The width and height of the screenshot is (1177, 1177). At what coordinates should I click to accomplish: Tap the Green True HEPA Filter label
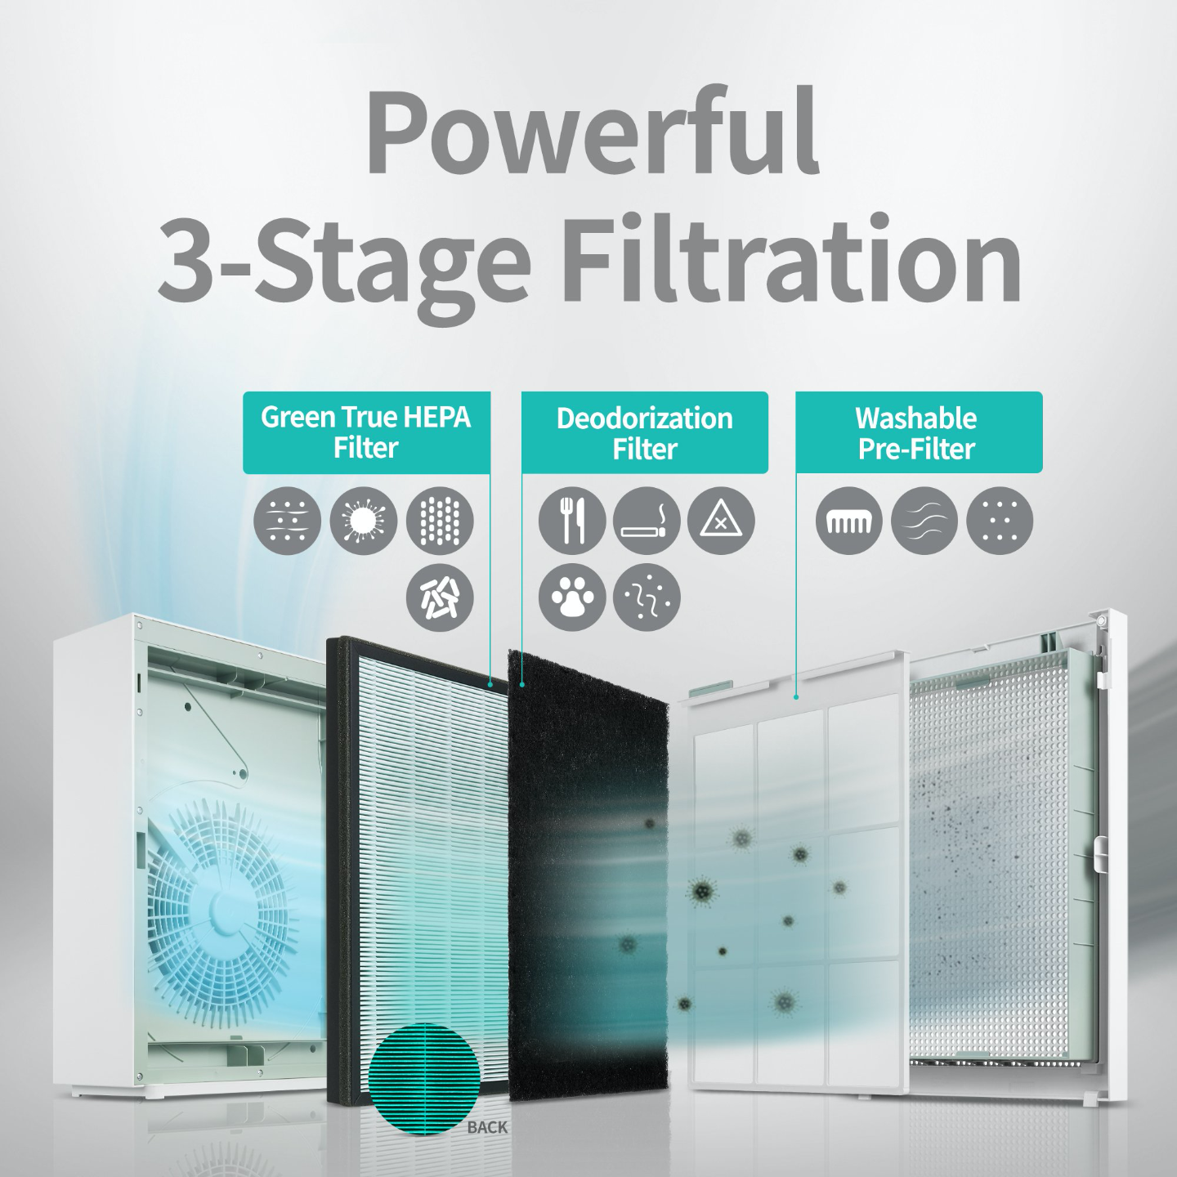point(366,432)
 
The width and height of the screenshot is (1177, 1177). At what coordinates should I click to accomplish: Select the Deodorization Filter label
point(644,433)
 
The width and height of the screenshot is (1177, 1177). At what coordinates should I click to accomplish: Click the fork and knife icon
point(571,521)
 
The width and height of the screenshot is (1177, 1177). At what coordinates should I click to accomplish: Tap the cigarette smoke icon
point(647,521)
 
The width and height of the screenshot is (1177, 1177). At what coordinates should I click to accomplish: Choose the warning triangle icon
point(722,521)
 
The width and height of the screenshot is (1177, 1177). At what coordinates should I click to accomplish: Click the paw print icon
point(571,597)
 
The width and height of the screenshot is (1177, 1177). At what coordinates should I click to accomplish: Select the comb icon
point(849,521)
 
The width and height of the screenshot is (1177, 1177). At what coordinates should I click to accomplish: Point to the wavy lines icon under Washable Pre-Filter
point(924,521)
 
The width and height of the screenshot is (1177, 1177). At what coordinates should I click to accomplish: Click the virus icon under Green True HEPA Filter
point(364,521)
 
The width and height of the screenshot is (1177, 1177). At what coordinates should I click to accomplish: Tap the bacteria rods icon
point(440,597)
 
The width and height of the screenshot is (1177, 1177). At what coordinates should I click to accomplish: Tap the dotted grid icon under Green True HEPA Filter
point(440,521)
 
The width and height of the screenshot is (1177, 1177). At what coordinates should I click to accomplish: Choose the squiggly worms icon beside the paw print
point(647,597)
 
